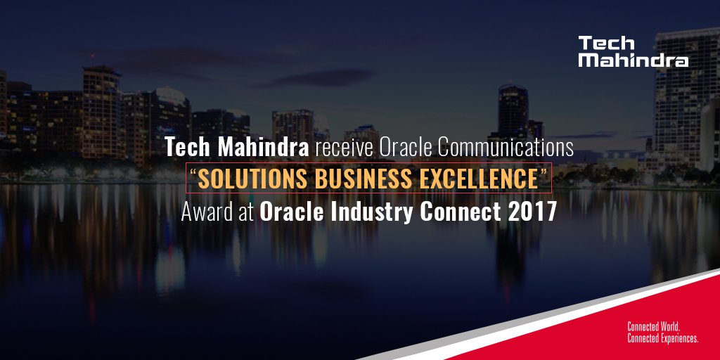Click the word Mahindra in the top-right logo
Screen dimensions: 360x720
coord(633,61)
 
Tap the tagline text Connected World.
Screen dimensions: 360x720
coord(652,327)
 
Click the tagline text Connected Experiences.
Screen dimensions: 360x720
coord(662,338)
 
